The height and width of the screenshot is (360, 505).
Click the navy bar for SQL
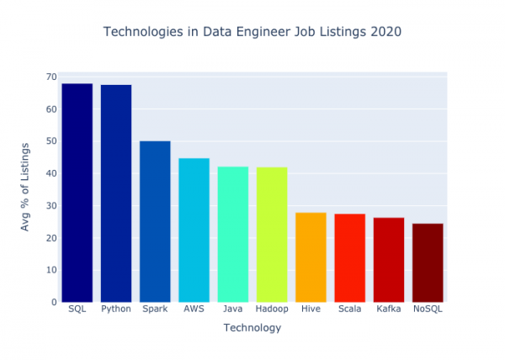[77, 193]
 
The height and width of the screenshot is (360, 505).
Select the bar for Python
[116, 193]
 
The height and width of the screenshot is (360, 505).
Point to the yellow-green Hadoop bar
[272, 235]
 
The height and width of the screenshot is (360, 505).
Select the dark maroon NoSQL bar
[428, 262]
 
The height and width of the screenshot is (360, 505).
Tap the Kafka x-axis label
[389, 310]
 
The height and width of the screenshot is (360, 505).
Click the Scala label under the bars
[349, 310]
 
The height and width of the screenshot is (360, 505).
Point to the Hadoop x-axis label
[272, 310]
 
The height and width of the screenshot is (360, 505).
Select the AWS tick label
[194, 310]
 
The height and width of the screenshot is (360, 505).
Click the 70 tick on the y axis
[51, 77]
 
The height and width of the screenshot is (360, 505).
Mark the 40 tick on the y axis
[51, 173]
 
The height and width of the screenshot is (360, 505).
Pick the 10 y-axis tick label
[51, 270]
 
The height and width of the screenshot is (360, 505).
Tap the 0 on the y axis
[54, 302]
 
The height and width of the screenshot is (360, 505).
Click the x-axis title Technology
[252, 328]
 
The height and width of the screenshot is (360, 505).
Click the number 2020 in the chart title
[386, 32]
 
